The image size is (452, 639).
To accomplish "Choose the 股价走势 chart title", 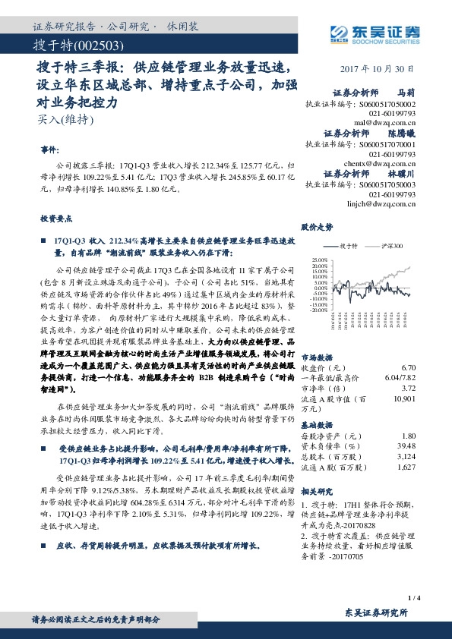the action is click(x=318, y=227).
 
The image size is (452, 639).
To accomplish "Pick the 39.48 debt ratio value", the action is click(x=406, y=446).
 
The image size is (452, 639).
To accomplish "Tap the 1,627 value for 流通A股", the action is click(x=405, y=467).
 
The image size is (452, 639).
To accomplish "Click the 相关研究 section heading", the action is click(x=317, y=492).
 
